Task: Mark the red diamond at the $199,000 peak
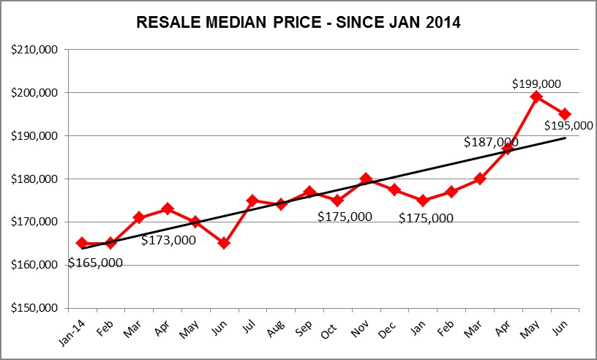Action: [x=536, y=97]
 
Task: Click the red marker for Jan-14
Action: [x=82, y=243]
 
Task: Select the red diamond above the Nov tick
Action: [x=366, y=179]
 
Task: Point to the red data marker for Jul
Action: [x=252, y=200]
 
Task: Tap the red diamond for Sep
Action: [x=309, y=192]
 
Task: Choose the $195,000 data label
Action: [x=568, y=126]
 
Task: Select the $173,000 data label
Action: [x=168, y=239]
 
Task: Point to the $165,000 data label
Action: [x=95, y=263]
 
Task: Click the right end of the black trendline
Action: [x=565, y=138]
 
